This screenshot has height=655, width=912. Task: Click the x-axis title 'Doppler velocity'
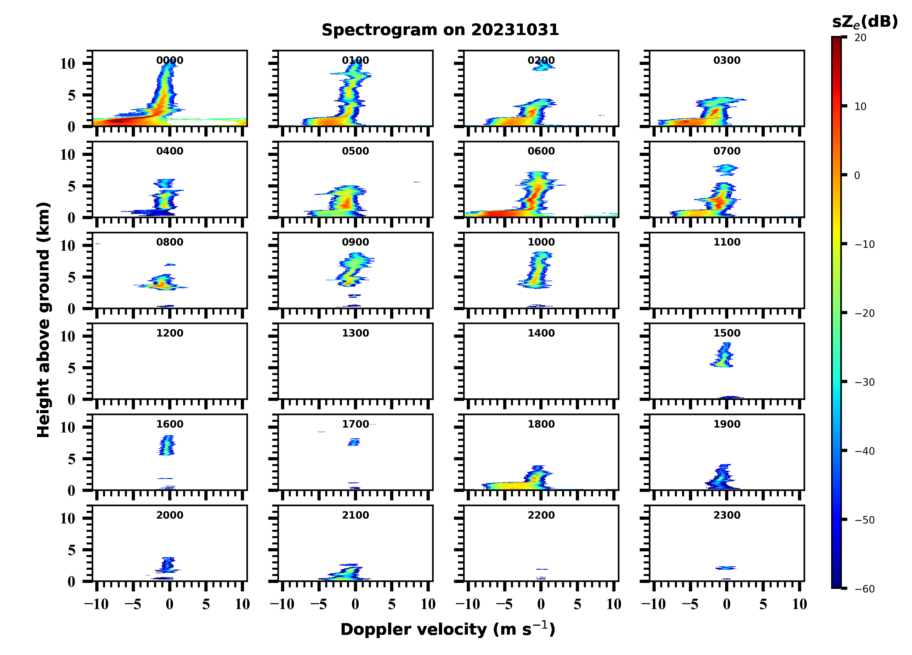coord(448,629)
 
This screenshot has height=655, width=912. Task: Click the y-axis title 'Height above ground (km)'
coord(43,320)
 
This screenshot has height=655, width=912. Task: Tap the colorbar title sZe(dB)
coord(865,22)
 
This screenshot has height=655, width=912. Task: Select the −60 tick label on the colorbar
coord(865,589)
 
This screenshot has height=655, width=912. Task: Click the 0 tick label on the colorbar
coord(857,175)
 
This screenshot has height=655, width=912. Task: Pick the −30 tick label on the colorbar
coord(865,382)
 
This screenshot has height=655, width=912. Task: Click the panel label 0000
coord(170,60)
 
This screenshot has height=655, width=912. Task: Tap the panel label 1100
coord(727,242)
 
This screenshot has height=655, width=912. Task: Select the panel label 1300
coord(355,333)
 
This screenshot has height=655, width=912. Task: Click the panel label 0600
coord(541,151)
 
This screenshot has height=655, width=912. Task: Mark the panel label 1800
coord(541,424)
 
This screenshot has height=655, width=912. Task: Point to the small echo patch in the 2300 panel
coord(726,568)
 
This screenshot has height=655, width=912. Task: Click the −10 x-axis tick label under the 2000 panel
coord(96,604)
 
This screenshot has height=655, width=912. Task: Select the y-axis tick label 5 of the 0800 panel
coord(71,277)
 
